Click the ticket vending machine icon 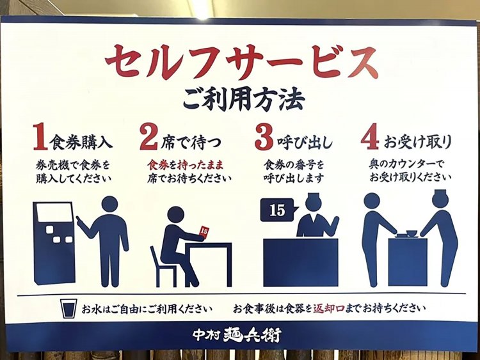54,242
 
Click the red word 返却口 328,308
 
